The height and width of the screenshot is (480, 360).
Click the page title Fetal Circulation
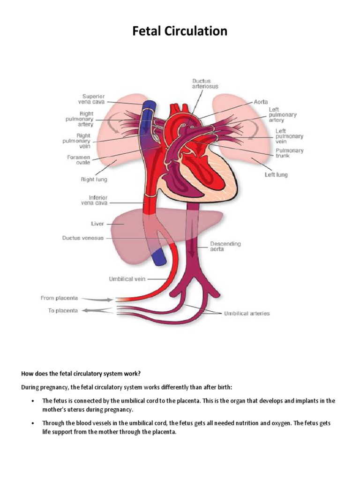[180, 31]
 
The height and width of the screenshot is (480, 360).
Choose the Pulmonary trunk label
[289, 153]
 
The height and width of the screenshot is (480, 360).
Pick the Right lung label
[94, 179]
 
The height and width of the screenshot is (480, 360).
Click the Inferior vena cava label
[91, 200]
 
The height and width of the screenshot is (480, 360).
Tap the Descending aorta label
[225, 247]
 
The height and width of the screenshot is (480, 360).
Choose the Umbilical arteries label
[247, 313]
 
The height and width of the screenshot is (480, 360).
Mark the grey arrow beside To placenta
[98, 310]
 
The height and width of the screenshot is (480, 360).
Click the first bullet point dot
[32, 401]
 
